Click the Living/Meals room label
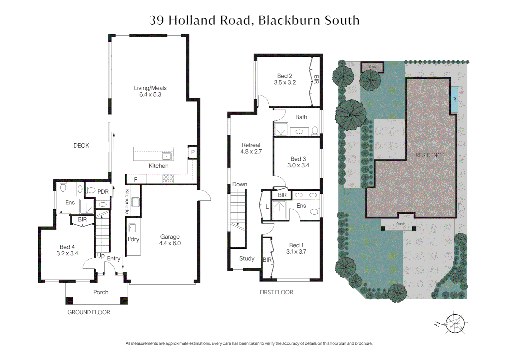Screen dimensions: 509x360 click(150, 88)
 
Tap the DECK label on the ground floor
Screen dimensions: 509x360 click(81, 146)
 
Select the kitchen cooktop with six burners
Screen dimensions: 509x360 click(168, 179)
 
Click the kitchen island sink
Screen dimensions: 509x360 click(167, 156)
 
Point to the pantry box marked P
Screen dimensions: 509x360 click(193, 152)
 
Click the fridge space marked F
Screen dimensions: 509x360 click(136, 180)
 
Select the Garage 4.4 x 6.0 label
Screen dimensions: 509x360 click(170, 240)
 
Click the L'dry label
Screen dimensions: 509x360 click(133, 239)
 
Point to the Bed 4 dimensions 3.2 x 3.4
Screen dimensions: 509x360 click(67, 253)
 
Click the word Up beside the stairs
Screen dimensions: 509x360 click(101, 256)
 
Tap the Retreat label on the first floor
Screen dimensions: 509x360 click(251, 145)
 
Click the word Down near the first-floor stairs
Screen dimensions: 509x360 click(240, 184)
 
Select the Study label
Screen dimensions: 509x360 click(247, 258)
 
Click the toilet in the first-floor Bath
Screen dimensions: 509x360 click(315, 131)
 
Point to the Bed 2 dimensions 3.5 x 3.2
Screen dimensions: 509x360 click(285, 82)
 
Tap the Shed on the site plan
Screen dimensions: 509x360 click(372, 67)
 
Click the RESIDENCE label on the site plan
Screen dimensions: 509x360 click(430, 155)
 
